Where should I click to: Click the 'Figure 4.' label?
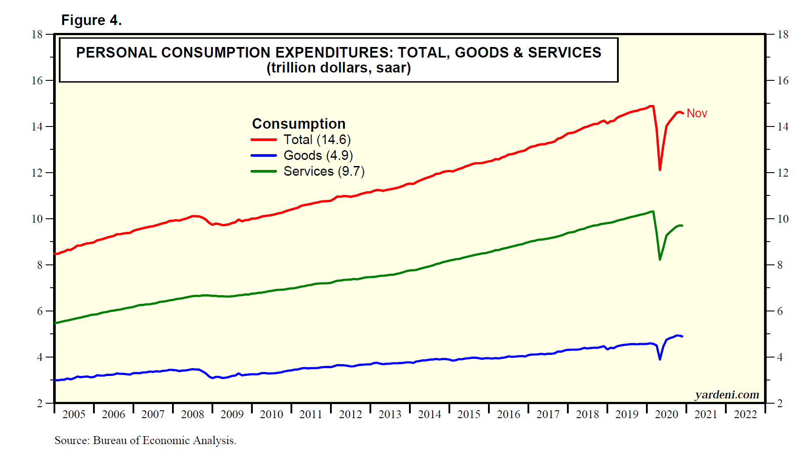(x=91, y=20)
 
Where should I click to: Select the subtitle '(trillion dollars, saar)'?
(x=338, y=68)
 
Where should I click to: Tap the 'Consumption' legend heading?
(x=298, y=124)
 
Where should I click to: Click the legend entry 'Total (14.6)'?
(x=317, y=140)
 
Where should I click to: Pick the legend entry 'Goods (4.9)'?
(x=318, y=155)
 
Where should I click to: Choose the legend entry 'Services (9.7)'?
(x=324, y=171)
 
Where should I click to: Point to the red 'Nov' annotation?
(x=696, y=113)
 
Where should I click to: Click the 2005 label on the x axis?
(x=74, y=414)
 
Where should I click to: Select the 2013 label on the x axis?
(x=390, y=414)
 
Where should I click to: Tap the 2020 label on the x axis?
(x=666, y=414)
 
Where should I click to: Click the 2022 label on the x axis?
(x=745, y=414)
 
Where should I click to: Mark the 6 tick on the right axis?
(x=780, y=311)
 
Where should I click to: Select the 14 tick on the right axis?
(x=782, y=126)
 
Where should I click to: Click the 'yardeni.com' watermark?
(x=727, y=394)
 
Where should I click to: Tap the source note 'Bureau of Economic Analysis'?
(x=164, y=441)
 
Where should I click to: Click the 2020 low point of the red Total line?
(x=660, y=170)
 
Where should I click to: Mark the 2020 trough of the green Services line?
(x=660, y=259)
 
